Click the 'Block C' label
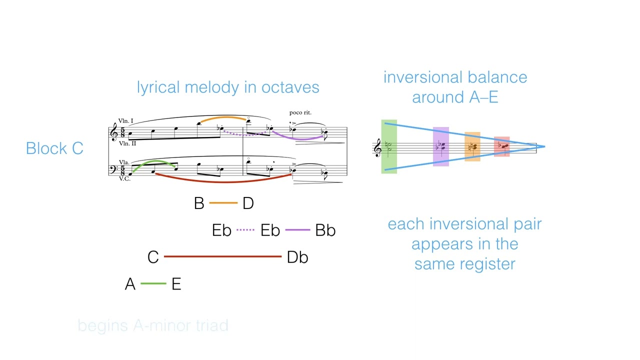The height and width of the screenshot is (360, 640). [54, 148]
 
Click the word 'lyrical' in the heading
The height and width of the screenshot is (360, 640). [158, 87]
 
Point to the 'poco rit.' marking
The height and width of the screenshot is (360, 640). [300, 112]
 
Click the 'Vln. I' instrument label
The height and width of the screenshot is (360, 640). [126, 121]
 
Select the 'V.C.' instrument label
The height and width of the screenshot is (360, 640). [124, 178]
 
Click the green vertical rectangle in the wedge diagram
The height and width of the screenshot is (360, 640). [389, 146]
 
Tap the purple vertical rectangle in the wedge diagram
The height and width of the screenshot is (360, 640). [440, 146]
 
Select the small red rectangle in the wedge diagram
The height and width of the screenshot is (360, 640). [501, 146]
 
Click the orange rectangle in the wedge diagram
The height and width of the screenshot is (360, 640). [472, 146]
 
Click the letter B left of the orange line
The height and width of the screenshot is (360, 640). [199, 203]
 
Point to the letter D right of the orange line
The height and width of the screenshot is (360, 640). [248, 203]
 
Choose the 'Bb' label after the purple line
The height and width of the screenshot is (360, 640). [325, 230]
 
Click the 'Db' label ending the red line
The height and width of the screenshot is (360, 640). [297, 257]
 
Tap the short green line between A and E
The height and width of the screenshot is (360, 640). [153, 283]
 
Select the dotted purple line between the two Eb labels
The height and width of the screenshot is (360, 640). [245, 230]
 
